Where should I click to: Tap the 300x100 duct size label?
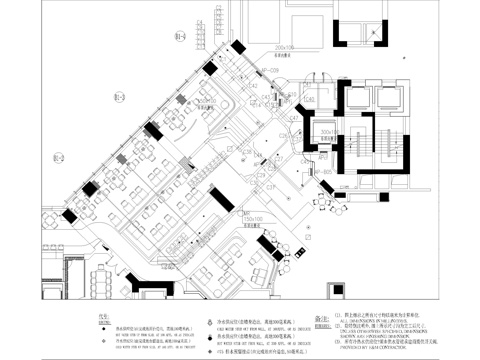(328, 130)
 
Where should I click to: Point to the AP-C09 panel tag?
(269, 70)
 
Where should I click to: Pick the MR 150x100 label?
(266, 216)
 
